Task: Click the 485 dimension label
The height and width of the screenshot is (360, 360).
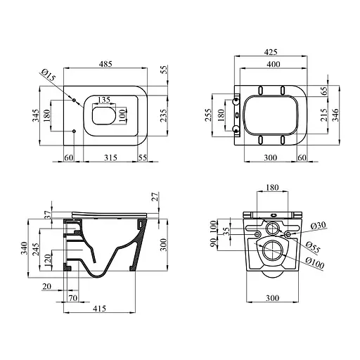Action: pos(105,64)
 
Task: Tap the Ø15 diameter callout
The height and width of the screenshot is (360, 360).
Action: pos(49,75)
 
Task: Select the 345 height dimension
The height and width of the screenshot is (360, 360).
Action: pos(36,115)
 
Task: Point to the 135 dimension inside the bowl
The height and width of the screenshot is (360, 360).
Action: pos(104,100)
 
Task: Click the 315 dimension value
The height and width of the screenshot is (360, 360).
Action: pos(110,157)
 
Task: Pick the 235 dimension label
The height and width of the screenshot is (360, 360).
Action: pos(164,115)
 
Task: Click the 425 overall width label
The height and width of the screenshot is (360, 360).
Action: pos(271,52)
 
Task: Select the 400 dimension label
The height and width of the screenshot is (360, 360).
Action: pos(274,64)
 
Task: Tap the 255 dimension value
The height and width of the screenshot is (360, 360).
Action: pos(208,115)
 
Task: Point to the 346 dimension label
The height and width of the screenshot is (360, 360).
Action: pos(335,115)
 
